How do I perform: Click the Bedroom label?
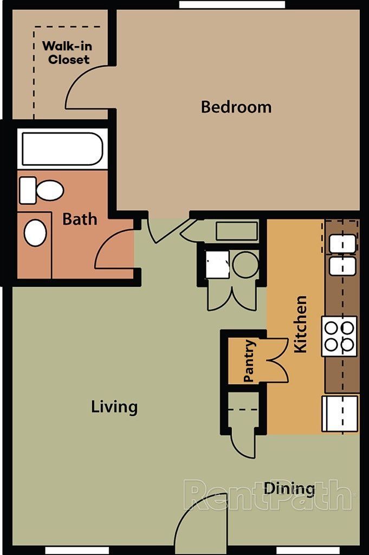click(x=236, y=107)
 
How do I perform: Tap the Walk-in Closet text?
click(x=68, y=53)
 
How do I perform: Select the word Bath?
click(x=80, y=220)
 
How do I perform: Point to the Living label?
click(x=114, y=406)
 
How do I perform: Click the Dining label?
click(x=289, y=489)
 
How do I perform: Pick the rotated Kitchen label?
click(x=300, y=324)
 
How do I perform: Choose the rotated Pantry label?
click(x=249, y=361)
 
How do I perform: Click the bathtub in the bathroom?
click(x=62, y=149)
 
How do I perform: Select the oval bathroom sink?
click(x=35, y=233)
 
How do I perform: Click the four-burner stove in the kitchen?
click(x=339, y=336)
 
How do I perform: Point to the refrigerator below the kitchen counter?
click(x=340, y=414)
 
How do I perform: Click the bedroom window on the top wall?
click(x=232, y=4)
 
